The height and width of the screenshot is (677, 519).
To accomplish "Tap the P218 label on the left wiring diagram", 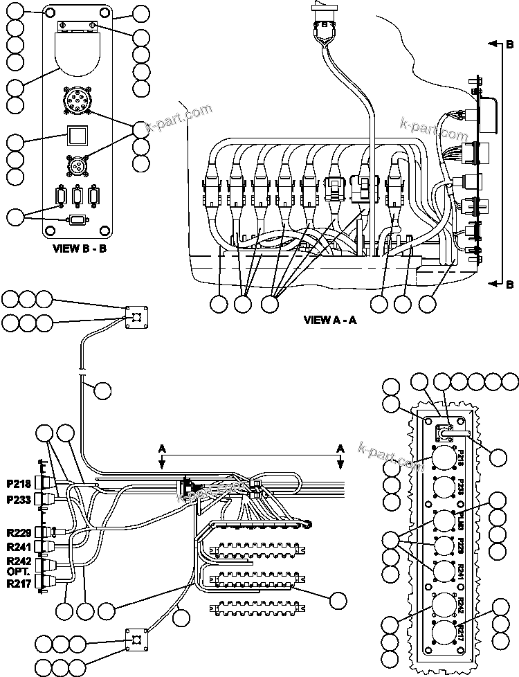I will pyautogui.click(x=18, y=482).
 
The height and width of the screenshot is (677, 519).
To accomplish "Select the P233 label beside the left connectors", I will pyautogui.click(x=18, y=499).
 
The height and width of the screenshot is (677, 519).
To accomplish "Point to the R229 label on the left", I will pyautogui.click(x=18, y=531).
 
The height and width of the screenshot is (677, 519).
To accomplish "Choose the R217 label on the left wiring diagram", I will pyautogui.click(x=18, y=583).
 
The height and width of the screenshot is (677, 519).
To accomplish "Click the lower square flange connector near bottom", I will pyautogui.click(x=136, y=640).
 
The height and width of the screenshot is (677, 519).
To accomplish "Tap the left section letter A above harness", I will pyautogui.click(x=163, y=449).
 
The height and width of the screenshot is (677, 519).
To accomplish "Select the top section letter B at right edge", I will pyautogui.click(x=509, y=45).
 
